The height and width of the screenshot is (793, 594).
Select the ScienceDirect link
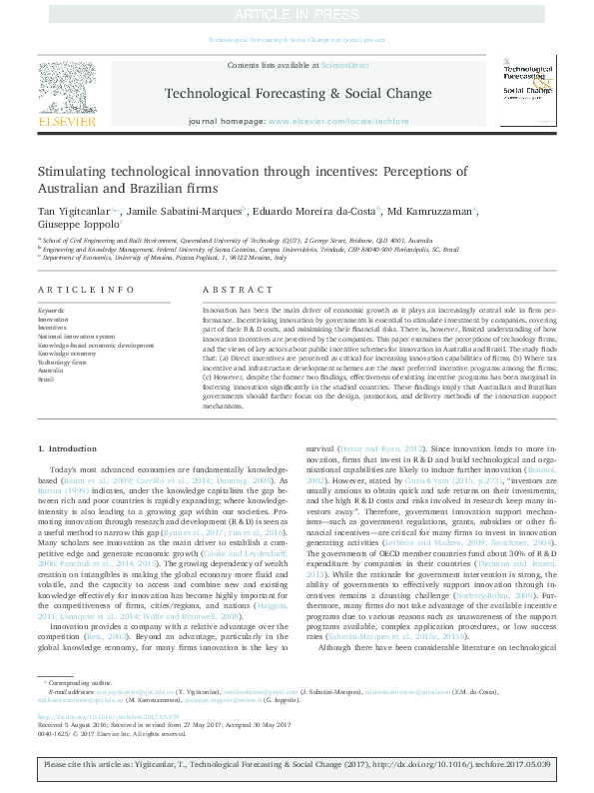pos(344,65)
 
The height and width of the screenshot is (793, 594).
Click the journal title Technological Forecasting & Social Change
pos(297,94)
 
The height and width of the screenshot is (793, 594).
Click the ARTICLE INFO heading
pos(86,289)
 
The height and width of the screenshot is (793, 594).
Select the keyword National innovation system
pos(76,337)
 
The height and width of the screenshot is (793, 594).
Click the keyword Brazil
pos(47,380)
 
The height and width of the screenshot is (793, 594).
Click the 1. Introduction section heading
pos(73,450)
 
